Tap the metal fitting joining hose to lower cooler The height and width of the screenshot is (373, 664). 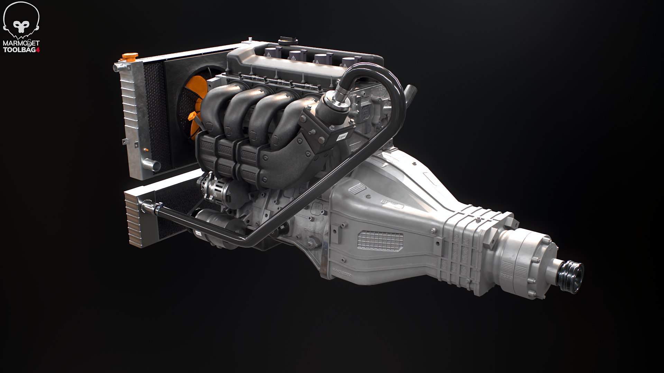(152, 208)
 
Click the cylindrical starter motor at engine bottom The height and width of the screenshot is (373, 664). (211, 221)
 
